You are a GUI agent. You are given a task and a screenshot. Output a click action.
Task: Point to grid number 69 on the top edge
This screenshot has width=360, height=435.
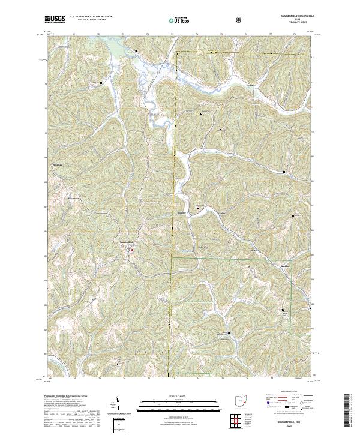click(74, 35)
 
